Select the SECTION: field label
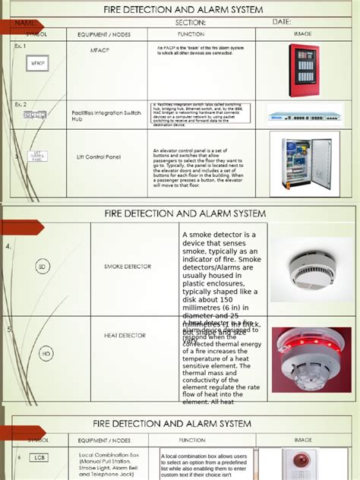[191, 22]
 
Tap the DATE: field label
[282, 22]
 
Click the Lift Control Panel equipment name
[98, 157]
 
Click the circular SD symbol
[43, 267]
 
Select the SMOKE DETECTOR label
[128, 267]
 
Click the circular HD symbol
[46, 353]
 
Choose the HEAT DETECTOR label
[125, 334]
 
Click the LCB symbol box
[39, 458]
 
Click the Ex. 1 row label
[21, 46]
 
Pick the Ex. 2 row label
[21, 103]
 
